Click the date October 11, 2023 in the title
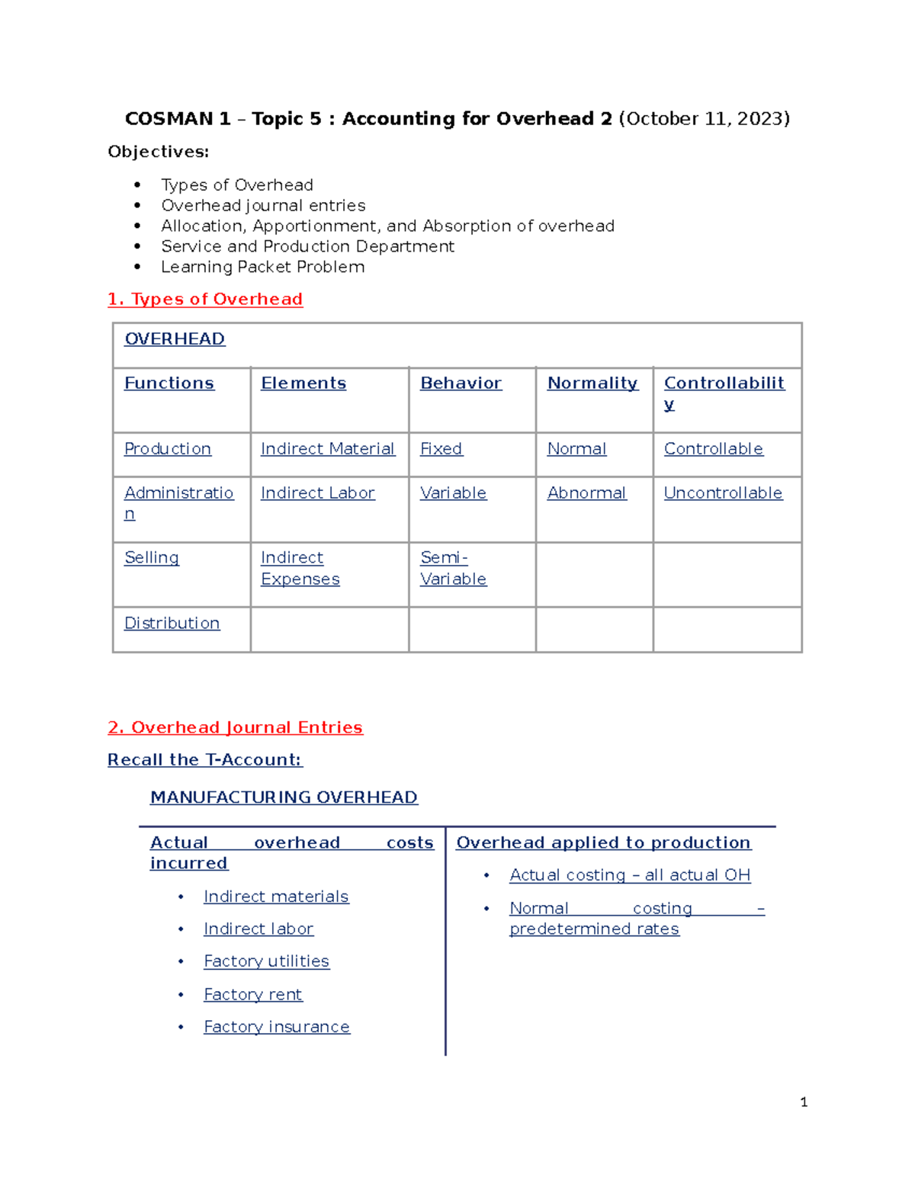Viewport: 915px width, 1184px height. [x=704, y=119]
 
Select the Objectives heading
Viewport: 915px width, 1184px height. [x=158, y=152]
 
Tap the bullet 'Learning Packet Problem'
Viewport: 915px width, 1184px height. [x=262, y=267]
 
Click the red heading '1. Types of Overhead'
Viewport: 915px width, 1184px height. [x=205, y=299]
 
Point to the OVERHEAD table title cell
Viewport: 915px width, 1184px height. [x=175, y=339]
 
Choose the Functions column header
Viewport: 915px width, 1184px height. [x=169, y=383]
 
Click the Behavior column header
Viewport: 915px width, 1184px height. [x=461, y=383]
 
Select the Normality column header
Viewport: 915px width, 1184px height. [x=592, y=383]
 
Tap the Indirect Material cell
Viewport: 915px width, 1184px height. [x=327, y=449]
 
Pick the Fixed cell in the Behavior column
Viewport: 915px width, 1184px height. [x=441, y=449]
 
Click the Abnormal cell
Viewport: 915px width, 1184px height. [x=586, y=493]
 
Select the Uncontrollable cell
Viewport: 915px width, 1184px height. [x=723, y=493]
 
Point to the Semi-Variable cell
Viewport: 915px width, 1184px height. [x=453, y=569]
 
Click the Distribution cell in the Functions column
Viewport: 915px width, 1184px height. [x=172, y=624]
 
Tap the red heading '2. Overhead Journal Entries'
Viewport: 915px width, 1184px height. [x=235, y=727]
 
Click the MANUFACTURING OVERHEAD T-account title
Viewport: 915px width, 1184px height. [x=284, y=797]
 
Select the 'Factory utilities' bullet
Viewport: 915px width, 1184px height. [x=266, y=961]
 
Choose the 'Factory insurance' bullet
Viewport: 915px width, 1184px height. [x=276, y=1027]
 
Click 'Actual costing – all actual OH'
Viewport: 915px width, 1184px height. [x=630, y=875]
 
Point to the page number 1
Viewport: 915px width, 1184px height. [x=804, y=1102]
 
